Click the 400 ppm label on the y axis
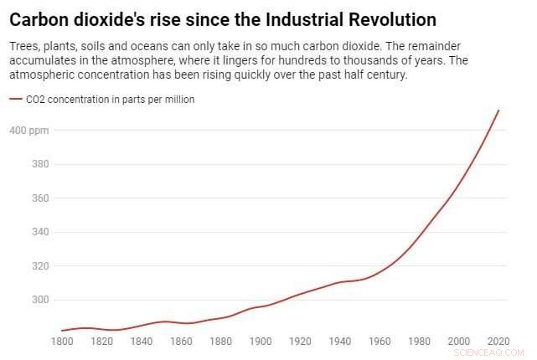(30, 131)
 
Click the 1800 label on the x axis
(62, 341)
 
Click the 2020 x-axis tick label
(498, 341)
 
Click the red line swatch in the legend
(15, 100)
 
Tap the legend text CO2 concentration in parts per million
(111, 100)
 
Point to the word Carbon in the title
(39, 18)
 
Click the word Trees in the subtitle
(25, 45)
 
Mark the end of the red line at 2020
(499, 110)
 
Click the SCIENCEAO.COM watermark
(494, 351)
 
